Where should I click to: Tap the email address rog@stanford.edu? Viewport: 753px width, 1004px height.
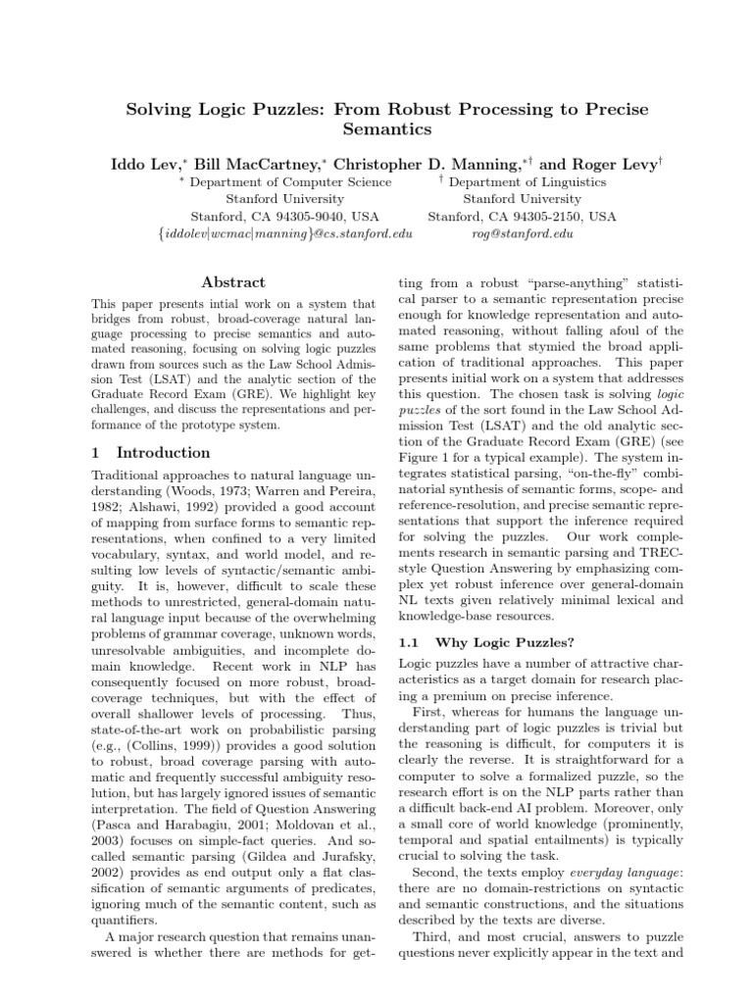coord(523,234)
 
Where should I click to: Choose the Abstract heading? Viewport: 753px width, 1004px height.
coord(226,281)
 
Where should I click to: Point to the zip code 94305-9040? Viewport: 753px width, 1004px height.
coord(293,217)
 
